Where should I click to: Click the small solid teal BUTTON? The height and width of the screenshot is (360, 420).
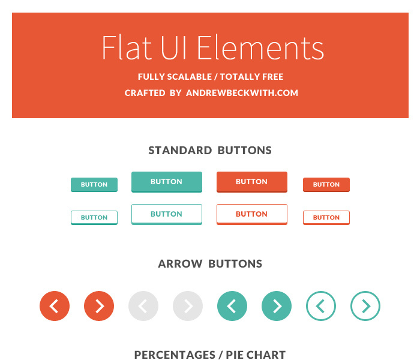pyautogui.click(x=94, y=185)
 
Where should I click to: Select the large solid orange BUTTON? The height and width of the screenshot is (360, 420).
pyautogui.click(x=252, y=182)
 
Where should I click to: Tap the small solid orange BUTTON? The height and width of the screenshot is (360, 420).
pyautogui.click(x=326, y=185)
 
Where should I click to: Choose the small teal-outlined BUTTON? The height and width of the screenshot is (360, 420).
pyautogui.click(x=94, y=217)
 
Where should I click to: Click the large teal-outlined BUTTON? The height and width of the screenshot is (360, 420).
pyautogui.click(x=167, y=214)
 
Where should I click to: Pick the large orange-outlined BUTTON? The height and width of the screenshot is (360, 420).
pyautogui.click(x=252, y=214)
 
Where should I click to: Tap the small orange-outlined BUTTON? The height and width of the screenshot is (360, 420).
pyautogui.click(x=326, y=217)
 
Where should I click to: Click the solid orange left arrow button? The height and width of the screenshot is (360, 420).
pyautogui.click(x=55, y=306)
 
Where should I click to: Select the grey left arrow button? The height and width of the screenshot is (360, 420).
pyautogui.click(x=143, y=306)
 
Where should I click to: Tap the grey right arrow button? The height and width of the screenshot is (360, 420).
pyautogui.click(x=188, y=306)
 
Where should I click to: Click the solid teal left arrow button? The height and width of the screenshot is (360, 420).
pyautogui.click(x=232, y=306)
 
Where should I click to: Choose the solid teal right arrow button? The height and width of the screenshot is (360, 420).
pyautogui.click(x=277, y=306)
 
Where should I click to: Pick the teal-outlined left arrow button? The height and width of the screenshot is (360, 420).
pyautogui.click(x=321, y=306)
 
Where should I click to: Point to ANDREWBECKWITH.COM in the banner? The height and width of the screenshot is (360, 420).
pyautogui.click(x=242, y=93)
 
